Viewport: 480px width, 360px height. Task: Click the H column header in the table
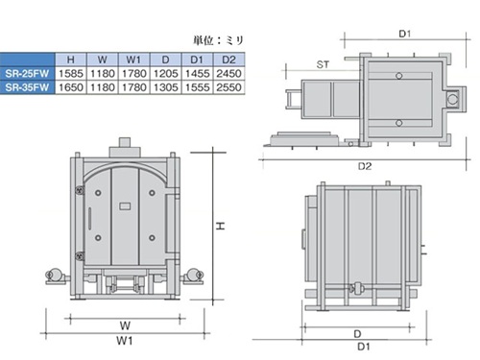coord(71,60)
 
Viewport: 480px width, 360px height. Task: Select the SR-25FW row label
coord(27,74)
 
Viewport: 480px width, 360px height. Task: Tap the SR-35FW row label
coord(27,87)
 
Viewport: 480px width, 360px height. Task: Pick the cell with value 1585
coord(71,74)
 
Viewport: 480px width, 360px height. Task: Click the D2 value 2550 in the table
coord(228,87)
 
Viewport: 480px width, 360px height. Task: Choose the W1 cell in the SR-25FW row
coord(134,74)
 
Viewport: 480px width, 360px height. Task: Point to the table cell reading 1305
coord(166,87)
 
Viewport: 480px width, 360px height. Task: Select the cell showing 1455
coord(197,74)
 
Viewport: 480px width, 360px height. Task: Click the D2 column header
coord(228,60)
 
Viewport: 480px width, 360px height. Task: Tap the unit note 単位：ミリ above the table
coord(219,40)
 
